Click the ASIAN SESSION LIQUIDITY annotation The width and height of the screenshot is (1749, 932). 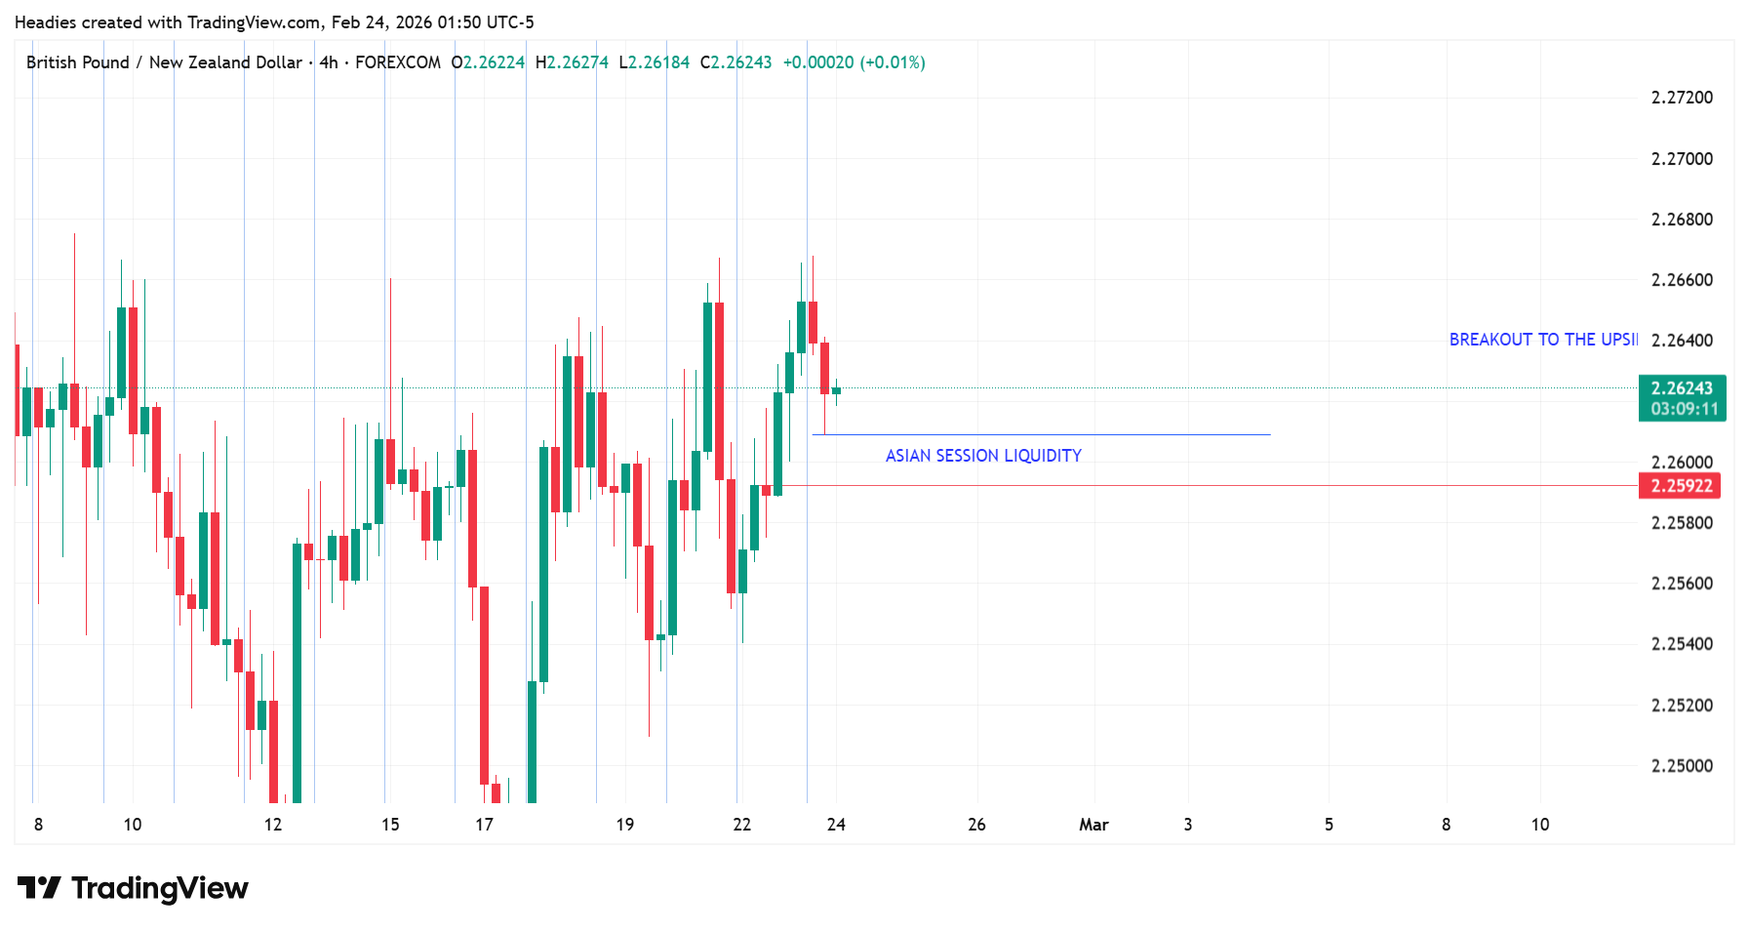pos(983,456)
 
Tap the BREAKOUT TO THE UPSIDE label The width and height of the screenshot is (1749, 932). pos(1543,340)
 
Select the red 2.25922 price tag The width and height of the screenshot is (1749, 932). pos(1681,486)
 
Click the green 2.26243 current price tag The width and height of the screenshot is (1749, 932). pos(1682,388)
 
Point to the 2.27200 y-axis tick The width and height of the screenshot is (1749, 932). pos(1682,98)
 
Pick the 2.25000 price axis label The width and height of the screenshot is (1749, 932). pos(1682,766)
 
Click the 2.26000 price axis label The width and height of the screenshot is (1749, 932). pos(1682,463)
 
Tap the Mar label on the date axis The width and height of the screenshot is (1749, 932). pos(1093,825)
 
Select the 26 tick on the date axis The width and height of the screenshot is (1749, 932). pos(976,825)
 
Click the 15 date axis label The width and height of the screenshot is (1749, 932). pos(390,825)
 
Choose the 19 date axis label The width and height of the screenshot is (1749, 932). pos(625,825)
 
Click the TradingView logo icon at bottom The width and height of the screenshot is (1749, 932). pos(39,888)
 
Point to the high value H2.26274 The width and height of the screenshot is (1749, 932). pos(573,62)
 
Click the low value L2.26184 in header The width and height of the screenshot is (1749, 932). pos(655,62)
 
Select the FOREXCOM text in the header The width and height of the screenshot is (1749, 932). pos(398,62)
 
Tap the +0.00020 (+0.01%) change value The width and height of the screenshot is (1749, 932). pos(854,62)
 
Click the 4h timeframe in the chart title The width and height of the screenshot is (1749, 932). pos(329,62)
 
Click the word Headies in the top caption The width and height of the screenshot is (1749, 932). pos(45,22)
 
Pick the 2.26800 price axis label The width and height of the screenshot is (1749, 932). pos(1682,220)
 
